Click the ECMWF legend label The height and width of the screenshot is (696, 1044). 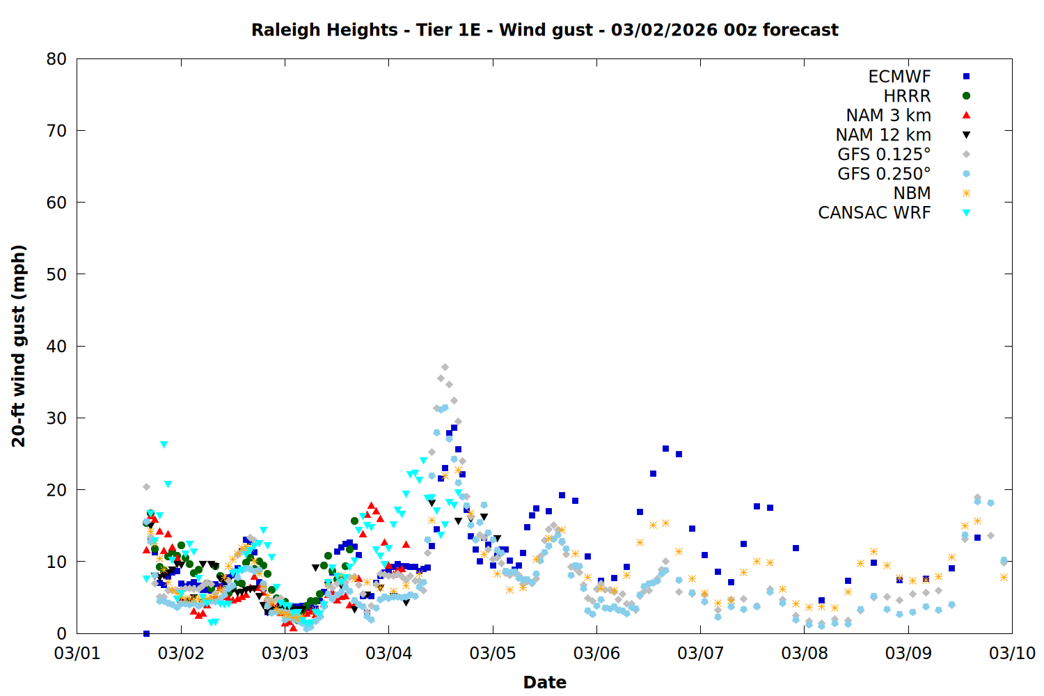click(899, 77)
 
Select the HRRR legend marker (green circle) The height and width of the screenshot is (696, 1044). click(966, 96)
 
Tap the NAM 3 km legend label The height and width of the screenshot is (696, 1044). click(888, 116)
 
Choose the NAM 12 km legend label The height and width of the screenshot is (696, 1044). click(883, 135)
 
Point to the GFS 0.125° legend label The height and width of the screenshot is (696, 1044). click(884, 155)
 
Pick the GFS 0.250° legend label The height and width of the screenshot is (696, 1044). click(884, 174)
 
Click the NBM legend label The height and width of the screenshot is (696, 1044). click(912, 193)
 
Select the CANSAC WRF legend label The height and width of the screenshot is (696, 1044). click(874, 213)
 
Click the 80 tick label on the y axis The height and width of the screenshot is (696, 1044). click(56, 59)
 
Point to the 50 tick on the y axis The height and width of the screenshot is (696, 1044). click(77, 274)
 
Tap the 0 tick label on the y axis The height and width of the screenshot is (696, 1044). click(62, 633)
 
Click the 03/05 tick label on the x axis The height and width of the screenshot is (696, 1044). click(493, 653)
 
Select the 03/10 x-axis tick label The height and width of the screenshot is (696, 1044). click(1012, 653)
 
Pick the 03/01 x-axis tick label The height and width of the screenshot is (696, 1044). click(77, 653)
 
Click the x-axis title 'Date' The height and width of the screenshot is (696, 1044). click(544, 682)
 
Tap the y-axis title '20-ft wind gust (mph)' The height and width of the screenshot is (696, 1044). click(19, 346)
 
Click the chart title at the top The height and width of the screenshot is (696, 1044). click(544, 30)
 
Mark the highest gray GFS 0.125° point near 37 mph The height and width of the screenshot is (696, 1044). click(445, 367)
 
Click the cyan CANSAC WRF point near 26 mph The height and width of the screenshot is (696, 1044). click(164, 444)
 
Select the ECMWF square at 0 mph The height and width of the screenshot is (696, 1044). click(146, 633)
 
